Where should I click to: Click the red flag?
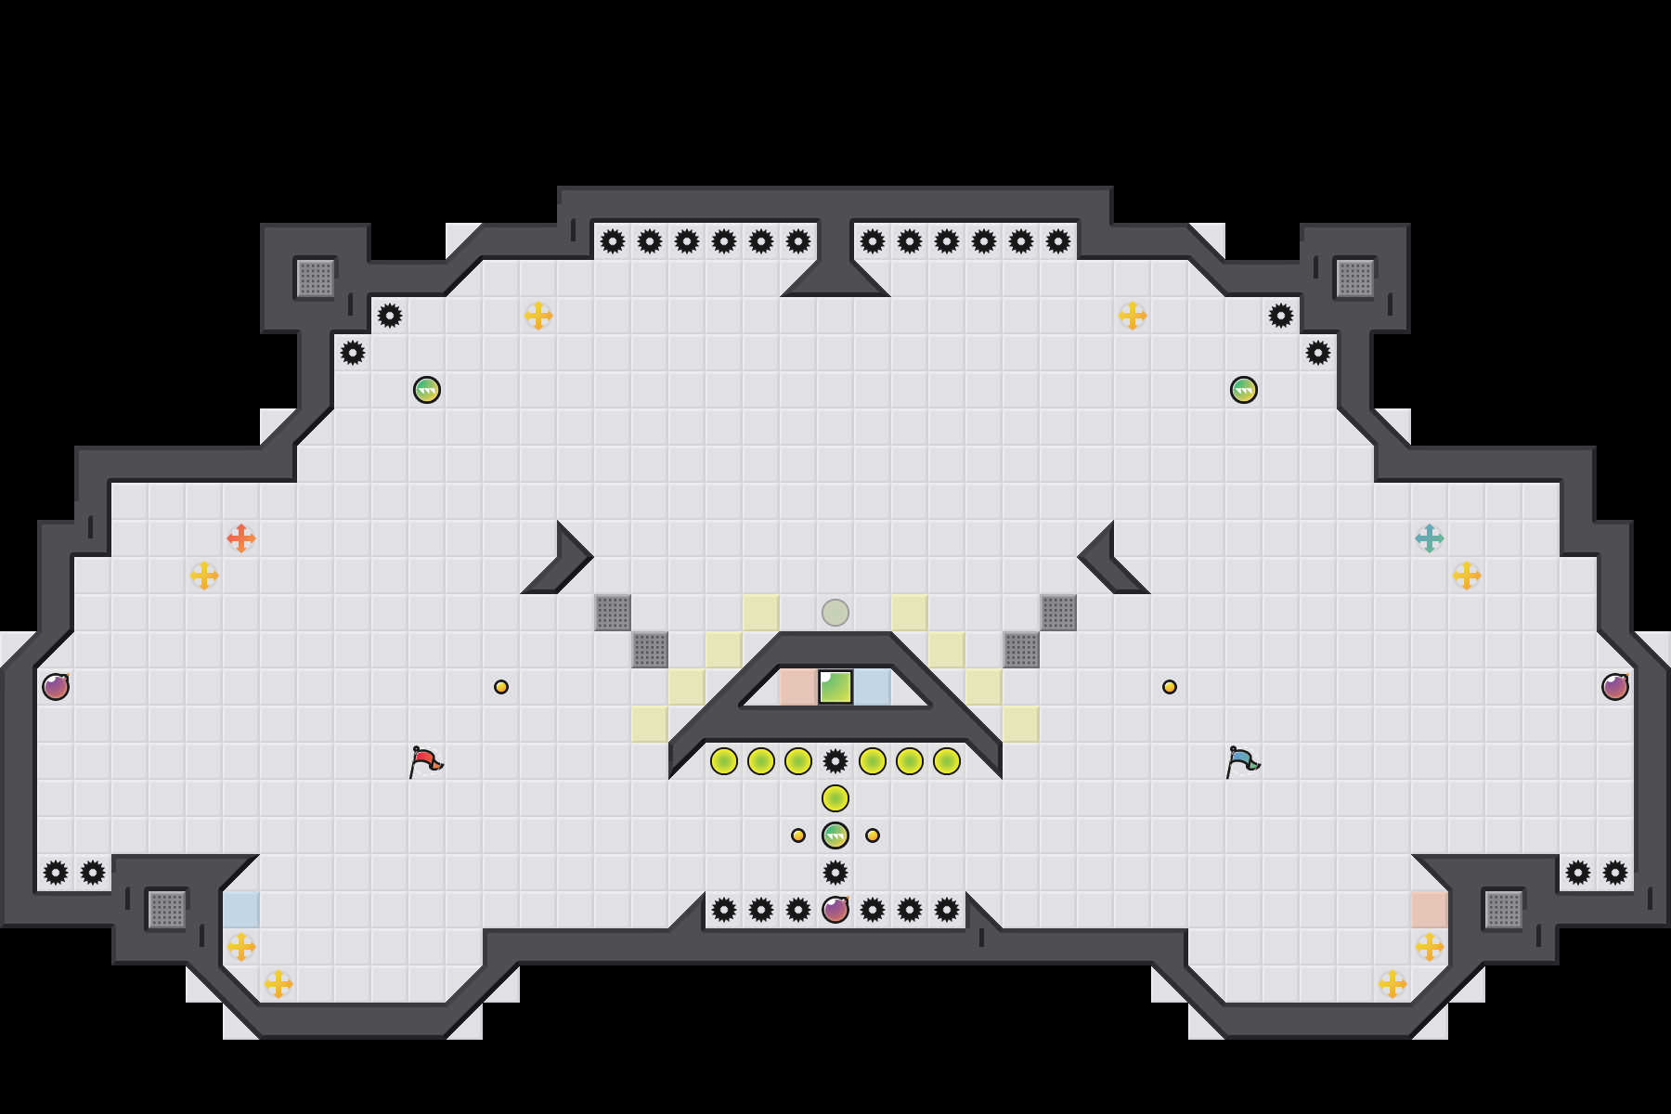(x=425, y=761)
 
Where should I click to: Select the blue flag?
(x=1242, y=761)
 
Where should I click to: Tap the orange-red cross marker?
(x=241, y=538)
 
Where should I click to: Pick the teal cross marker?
(x=1430, y=538)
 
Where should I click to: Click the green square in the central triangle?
(x=835, y=687)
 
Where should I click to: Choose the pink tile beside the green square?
(x=797, y=687)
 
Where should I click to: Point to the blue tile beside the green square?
(x=873, y=687)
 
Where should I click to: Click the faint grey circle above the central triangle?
(x=835, y=613)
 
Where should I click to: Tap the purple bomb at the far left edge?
(x=56, y=687)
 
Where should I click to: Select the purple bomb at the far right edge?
(x=1615, y=687)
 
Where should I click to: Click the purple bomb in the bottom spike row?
(x=835, y=910)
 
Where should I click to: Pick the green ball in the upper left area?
(x=427, y=390)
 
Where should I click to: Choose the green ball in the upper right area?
(x=1244, y=390)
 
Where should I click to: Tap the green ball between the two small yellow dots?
(x=835, y=835)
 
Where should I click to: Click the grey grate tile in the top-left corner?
(x=316, y=278)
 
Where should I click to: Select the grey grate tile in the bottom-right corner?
(x=1504, y=910)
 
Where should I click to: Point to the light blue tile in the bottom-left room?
(x=241, y=910)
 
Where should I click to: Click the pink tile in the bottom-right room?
(x=1430, y=910)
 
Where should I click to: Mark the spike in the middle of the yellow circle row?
(x=835, y=761)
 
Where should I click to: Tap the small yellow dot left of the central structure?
(x=501, y=687)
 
